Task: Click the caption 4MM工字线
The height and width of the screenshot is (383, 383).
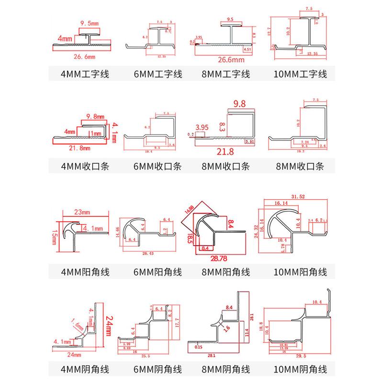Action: pyautogui.click(x=81, y=74)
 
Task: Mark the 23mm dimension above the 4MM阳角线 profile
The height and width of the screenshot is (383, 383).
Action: pyautogui.click(x=82, y=212)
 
